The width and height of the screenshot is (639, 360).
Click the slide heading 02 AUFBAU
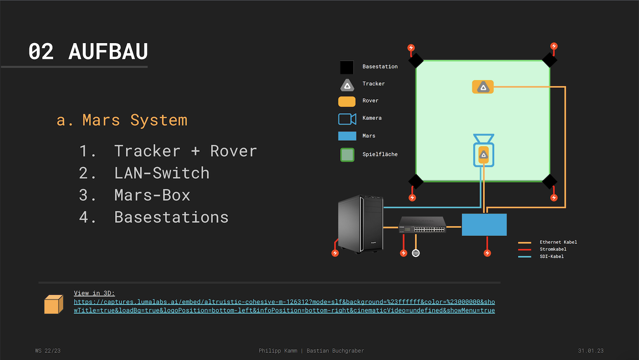coord(88,52)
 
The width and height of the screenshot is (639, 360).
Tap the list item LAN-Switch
coord(161,173)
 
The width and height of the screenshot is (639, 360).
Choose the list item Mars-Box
coord(152,195)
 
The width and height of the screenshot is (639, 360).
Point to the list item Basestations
coord(171,217)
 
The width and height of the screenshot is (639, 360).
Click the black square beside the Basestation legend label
coord(347,67)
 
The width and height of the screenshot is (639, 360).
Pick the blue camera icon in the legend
coord(347,118)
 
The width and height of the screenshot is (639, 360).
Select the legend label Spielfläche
coord(380,154)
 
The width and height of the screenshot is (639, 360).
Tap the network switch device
coord(422,225)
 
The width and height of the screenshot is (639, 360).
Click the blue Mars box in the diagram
coord(484,225)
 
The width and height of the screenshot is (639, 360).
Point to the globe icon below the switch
coord(416,253)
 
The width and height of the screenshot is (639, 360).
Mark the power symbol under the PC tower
coord(335,253)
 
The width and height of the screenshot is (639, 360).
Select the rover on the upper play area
coord(482,87)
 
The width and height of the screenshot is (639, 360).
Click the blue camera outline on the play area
coord(483,150)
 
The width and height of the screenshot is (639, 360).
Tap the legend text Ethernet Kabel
coord(558,242)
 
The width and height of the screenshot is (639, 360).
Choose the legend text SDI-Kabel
coord(552,257)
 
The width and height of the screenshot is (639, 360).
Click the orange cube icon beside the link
coord(53,304)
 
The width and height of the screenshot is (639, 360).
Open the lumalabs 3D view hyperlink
coord(284,306)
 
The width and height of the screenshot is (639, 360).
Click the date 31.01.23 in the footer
coord(591,351)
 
